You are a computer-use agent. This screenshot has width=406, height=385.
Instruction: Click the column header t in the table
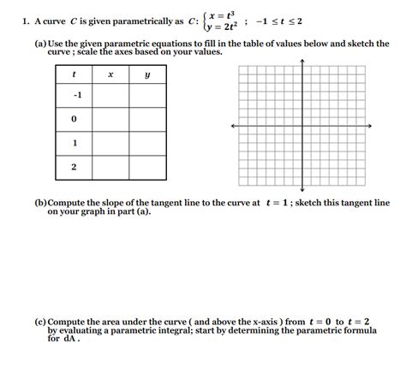click(74, 74)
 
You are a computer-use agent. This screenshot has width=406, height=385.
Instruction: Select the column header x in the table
click(110, 74)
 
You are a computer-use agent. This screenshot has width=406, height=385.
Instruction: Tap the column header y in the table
click(147, 74)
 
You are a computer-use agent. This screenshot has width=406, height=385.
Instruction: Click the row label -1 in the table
click(75, 96)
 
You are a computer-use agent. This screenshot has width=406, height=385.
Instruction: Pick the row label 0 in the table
click(75, 120)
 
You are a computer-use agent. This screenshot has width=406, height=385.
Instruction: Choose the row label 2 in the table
click(75, 168)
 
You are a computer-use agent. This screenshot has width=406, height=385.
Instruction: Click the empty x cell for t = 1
click(110, 144)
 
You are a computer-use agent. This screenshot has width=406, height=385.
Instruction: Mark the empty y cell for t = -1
click(147, 96)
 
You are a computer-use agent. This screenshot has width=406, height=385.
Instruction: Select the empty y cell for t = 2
click(147, 168)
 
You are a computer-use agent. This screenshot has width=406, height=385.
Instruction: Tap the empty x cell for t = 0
click(110, 120)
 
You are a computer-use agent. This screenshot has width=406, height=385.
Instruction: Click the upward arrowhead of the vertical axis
click(302, 62)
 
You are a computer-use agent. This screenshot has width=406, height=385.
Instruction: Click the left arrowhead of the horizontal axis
click(230, 126)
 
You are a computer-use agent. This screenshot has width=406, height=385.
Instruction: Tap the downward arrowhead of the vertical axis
click(302, 191)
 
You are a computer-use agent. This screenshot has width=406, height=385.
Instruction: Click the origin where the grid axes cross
click(302, 126)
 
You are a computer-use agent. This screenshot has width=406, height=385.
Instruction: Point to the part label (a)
click(40, 43)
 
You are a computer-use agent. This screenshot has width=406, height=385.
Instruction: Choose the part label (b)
click(40, 204)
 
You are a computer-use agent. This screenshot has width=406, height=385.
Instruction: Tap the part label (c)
click(40, 322)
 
